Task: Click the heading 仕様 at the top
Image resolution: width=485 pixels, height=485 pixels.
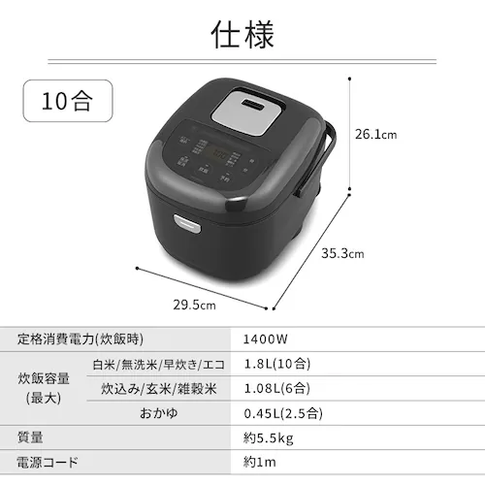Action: coord(242,34)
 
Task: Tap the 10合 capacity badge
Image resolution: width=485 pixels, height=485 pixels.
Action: coord(69,101)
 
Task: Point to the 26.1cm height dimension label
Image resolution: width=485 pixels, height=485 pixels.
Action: coord(374,134)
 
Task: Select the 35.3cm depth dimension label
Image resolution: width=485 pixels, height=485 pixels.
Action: coord(342,254)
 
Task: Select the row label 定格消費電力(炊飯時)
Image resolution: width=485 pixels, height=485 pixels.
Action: coord(80,339)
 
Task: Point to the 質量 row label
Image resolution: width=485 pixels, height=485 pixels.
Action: coord(31,437)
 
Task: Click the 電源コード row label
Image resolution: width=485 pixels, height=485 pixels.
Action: coord(48,463)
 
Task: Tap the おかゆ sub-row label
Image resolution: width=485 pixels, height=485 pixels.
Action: coord(159,412)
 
